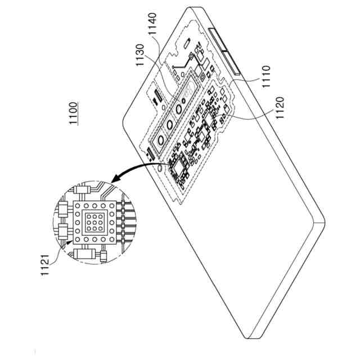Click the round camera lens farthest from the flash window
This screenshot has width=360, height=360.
161,139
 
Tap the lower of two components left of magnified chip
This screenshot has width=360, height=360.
62,231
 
